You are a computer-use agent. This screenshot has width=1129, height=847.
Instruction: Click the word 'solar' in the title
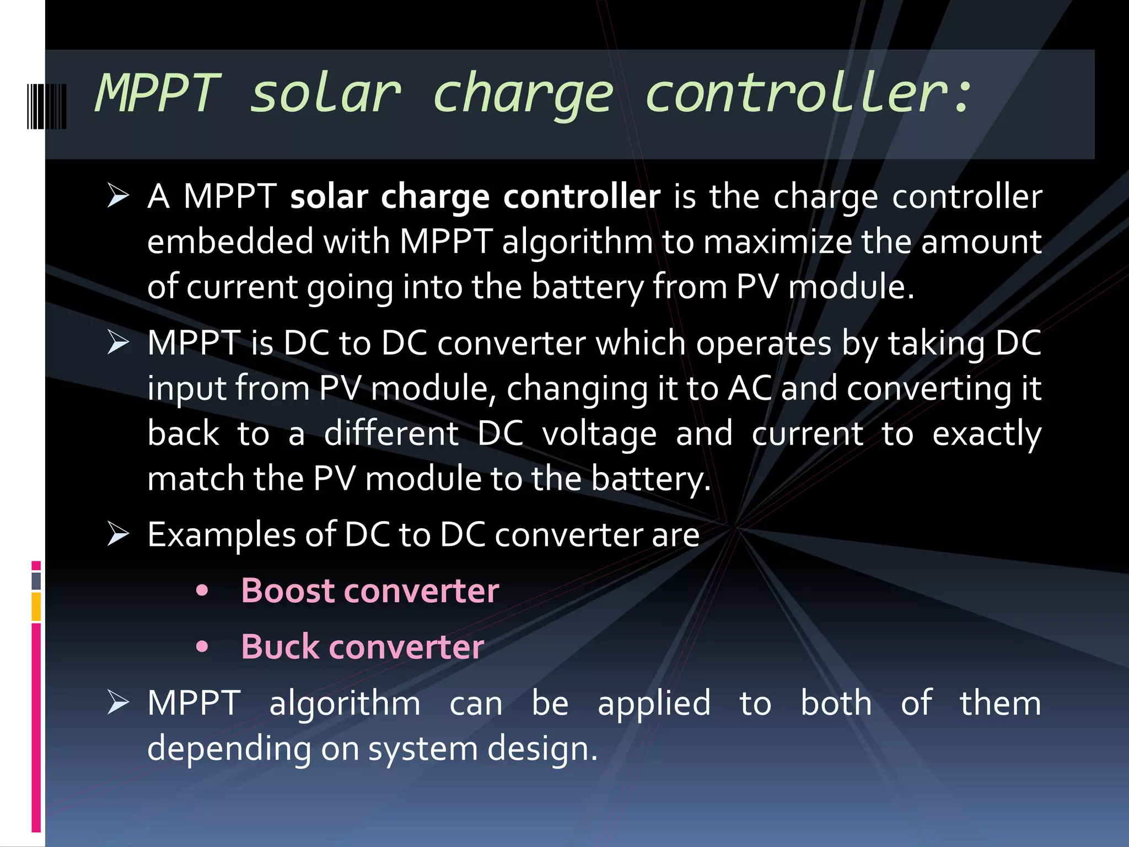coord(325,94)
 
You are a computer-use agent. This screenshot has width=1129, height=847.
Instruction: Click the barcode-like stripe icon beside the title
coord(47,106)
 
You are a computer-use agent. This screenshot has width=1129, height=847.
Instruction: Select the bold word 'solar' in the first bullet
coord(329,197)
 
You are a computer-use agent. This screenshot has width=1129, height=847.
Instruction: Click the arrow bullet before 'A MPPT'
coord(118,196)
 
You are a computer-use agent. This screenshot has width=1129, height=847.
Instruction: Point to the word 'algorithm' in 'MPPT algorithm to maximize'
coord(577,243)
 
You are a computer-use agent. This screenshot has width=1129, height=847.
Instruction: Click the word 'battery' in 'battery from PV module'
coord(587,287)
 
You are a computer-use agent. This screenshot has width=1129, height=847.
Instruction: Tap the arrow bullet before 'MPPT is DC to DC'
coord(118,343)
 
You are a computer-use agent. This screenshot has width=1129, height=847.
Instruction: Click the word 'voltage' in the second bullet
coord(599,434)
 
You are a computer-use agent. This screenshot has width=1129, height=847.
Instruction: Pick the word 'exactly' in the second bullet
coord(986,434)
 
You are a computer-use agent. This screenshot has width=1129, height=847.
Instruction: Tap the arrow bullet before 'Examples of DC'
coord(118,534)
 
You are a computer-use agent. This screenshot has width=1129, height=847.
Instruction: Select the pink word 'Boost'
coord(288,591)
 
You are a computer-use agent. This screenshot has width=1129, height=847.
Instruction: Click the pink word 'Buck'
coord(280,647)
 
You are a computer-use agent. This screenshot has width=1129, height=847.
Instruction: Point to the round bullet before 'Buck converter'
coord(202,647)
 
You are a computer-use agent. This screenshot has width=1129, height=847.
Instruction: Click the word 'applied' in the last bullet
coord(654,704)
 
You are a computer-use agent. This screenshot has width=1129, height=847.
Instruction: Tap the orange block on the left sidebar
coord(36,607)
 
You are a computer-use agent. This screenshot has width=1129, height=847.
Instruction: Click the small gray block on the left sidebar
coord(36,581)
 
